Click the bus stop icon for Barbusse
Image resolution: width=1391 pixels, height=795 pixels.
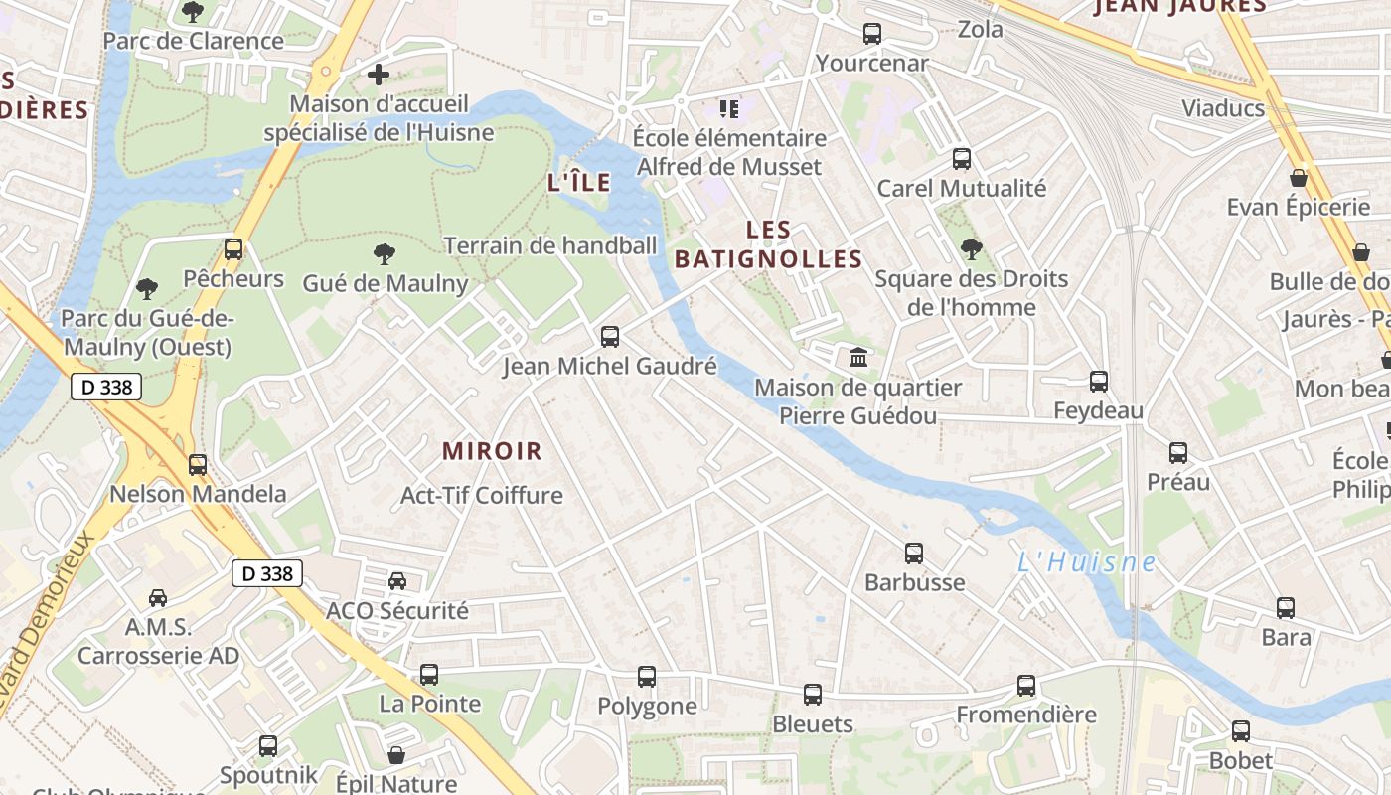tap(914, 554)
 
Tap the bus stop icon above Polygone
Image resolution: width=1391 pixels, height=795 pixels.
tap(647, 677)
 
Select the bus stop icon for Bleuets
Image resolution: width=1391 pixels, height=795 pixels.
tap(813, 695)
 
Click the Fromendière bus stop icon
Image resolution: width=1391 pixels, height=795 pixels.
tap(1026, 686)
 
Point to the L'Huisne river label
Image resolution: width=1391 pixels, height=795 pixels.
tap(1086, 562)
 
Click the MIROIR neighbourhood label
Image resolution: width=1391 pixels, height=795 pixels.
tap(493, 451)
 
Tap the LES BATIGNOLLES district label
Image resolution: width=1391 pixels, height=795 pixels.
tap(768, 244)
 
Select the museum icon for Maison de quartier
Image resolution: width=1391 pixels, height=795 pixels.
tap(857, 357)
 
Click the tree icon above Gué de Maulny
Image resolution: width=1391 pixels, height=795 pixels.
tap(384, 254)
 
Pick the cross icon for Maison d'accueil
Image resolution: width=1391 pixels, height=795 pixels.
tap(378, 75)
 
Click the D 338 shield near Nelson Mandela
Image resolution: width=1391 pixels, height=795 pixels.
tap(106, 388)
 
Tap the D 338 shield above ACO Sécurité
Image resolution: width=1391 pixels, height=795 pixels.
tap(267, 573)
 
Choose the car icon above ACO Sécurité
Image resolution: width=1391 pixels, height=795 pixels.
tap(397, 581)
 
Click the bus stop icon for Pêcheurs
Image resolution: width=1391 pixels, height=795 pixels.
tap(233, 249)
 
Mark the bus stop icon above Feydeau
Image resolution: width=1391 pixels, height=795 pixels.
tap(1099, 382)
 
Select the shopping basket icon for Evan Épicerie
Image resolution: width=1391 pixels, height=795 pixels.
tap(1298, 179)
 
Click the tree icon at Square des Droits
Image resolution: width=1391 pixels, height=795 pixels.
tap(971, 249)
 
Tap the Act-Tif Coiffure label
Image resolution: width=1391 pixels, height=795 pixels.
tap(481, 495)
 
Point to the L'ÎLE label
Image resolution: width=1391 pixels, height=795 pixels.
tap(579, 183)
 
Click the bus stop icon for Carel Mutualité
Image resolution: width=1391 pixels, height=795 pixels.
tap(961, 159)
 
